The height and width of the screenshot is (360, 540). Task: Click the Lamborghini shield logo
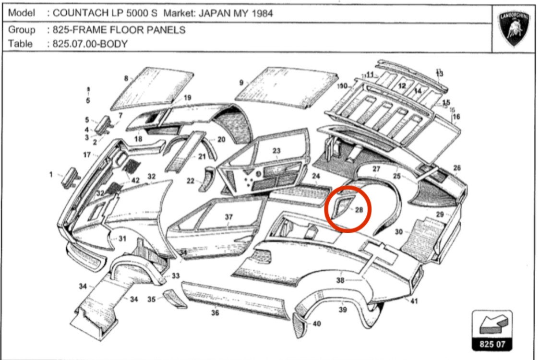point(514,28)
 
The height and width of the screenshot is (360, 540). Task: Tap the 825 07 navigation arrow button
point(492,330)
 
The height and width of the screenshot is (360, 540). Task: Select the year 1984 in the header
point(262,13)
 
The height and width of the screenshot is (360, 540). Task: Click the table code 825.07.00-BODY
point(90,44)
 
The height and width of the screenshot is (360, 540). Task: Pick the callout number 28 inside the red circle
point(359,210)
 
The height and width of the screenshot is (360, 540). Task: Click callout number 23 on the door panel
point(276,151)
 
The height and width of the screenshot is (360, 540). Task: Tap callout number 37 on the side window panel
point(228,217)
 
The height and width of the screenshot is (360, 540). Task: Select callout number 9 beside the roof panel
point(241,83)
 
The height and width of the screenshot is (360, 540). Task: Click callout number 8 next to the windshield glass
point(126,79)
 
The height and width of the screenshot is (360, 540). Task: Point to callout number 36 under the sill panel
point(215,313)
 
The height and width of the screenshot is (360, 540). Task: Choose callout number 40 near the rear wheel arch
point(317,324)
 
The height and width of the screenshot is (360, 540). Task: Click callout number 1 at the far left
point(51,175)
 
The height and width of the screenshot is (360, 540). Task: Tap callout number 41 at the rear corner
point(414,301)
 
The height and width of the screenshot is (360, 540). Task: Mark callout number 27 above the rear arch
point(376,169)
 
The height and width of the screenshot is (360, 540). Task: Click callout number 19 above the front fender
point(187,98)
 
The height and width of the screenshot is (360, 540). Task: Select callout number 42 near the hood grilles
point(136,180)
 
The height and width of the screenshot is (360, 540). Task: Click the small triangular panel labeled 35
point(175,299)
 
